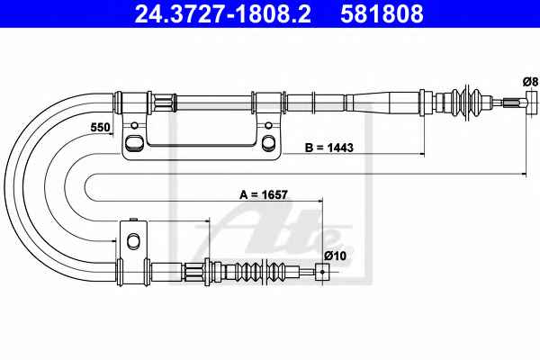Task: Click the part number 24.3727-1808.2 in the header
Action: point(223,14)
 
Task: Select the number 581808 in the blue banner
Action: point(382,14)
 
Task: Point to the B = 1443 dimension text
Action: point(329,148)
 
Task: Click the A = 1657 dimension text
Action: point(264,194)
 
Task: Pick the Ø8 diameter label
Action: point(530,82)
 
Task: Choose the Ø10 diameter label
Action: point(335,256)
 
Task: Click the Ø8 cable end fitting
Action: point(532,103)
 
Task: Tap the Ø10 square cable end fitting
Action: point(322,272)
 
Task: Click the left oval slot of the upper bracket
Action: point(133,142)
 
